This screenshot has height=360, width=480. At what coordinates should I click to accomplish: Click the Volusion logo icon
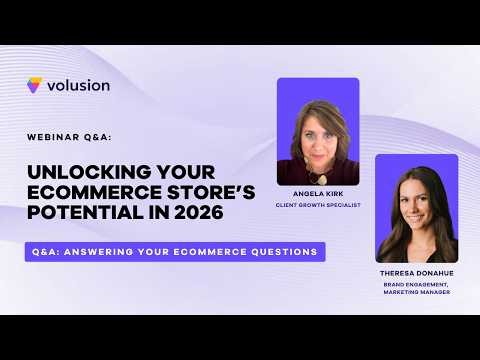tap(35, 86)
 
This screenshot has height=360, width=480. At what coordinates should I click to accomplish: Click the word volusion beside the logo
tap(78, 86)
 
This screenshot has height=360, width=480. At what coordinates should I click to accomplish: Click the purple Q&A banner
tap(175, 252)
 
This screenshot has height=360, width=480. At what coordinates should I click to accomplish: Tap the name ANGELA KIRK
tap(318, 195)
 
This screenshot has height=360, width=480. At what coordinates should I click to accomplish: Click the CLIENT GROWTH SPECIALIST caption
tap(318, 205)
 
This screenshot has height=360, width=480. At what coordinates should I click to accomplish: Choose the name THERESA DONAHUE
tap(417, 274)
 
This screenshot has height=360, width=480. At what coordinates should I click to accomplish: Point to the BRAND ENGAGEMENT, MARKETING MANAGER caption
tap(417, 288)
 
